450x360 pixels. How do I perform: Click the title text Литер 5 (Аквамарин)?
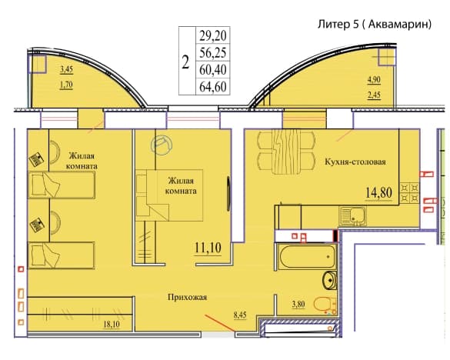click(375, 24)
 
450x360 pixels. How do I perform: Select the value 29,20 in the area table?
click(213, 36)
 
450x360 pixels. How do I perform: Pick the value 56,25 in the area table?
click(213, 52)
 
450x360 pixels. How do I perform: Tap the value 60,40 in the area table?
click(213, 70)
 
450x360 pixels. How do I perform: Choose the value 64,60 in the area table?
click(213, 87)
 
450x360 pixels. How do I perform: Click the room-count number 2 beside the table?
click(186, 62)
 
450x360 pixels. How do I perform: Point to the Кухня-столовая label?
click(355, 162)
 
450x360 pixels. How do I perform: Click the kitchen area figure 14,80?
click(378, 192)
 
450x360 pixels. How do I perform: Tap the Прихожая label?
click(187, 298)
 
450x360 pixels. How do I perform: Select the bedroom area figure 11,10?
click(208, 248)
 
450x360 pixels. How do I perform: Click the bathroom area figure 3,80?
click(298, 304)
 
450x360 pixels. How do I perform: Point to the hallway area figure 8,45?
click(240, 315)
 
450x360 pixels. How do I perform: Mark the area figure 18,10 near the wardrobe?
click(112, 325)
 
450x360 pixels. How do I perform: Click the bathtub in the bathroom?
click(307, 256)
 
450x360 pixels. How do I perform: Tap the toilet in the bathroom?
click(325, 305)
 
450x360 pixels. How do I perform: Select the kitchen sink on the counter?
click(353, 216)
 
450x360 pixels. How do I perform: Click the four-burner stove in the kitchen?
click(409, 192)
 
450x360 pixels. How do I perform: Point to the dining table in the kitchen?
click(286, 152)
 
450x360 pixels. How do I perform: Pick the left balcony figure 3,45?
click(67, 69)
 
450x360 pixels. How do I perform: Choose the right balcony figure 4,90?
click(375, 79)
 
